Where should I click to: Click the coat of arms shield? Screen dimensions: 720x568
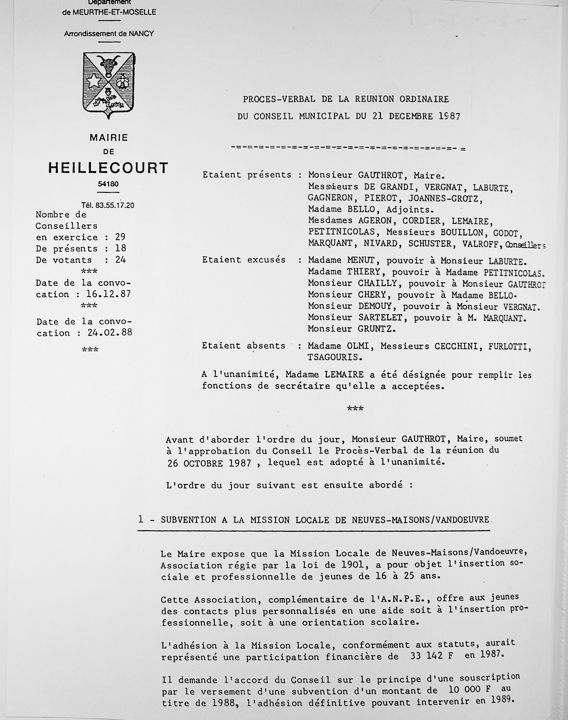[x=108, y=85]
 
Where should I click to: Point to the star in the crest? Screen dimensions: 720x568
[x=94, y=81]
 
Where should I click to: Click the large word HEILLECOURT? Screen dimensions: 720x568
[x=108, y=168]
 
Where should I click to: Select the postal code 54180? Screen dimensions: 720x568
[x=108, y=184]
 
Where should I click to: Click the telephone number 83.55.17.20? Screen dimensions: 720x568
[x=115, y=205]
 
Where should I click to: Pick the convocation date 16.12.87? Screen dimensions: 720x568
[x=108, y=294]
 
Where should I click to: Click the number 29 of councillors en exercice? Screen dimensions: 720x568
[x=120, y=237]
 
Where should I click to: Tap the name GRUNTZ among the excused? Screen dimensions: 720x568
[x=377, y=329]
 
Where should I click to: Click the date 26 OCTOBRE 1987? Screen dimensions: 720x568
[x=209, y=463]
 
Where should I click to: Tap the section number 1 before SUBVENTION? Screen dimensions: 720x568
[x=141, y=520]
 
